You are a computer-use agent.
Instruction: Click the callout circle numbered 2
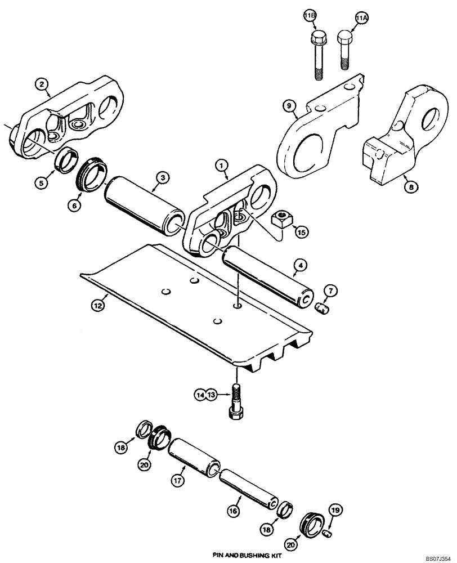[x=41, y=84]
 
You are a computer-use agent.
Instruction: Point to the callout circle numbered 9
[x=288, y=105]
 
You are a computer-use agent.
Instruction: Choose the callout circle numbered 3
[x=162, y=178]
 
